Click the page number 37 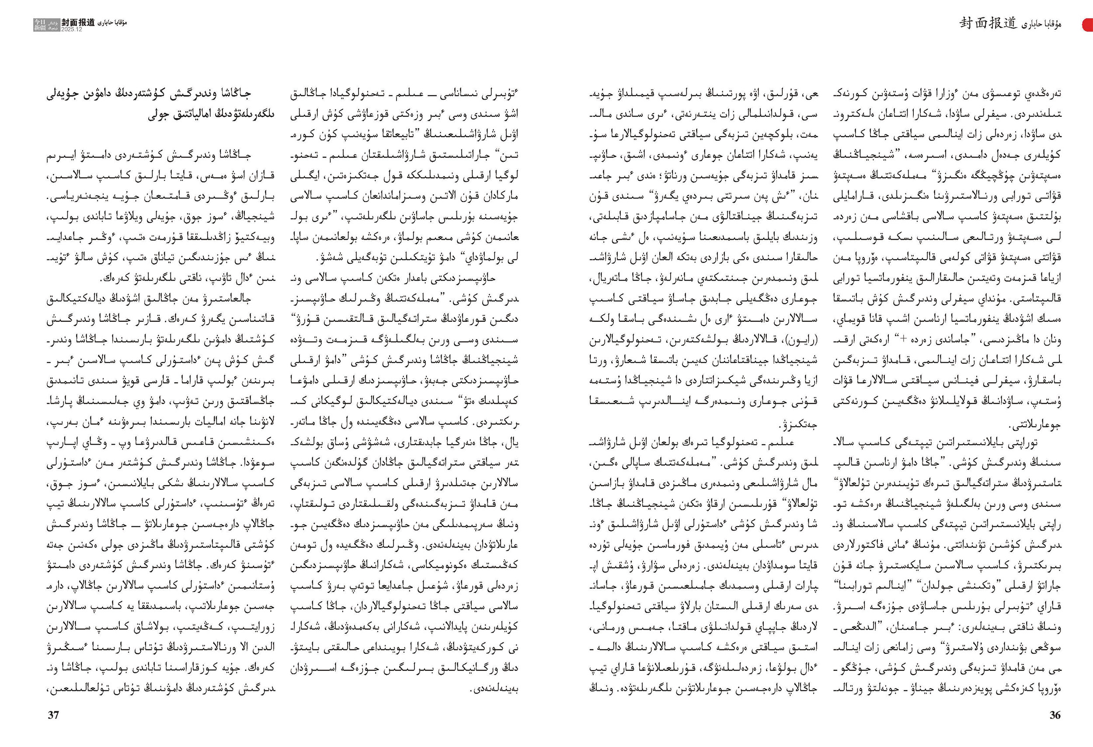54,715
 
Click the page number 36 1055,715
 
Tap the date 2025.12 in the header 72,29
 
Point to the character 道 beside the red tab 1008,23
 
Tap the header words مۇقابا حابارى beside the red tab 1041,24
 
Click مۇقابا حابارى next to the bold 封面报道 112,23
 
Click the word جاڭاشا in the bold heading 233,93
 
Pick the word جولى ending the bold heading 159,114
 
